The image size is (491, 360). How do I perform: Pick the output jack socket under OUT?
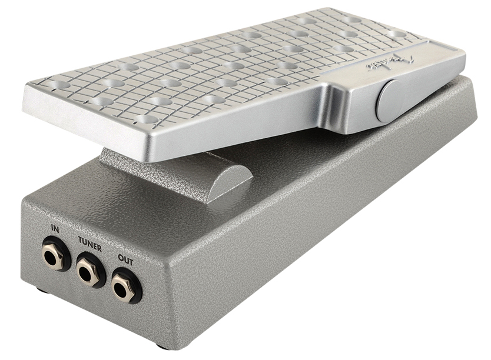(125, 289)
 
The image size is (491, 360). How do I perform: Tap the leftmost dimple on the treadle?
(58, 85)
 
